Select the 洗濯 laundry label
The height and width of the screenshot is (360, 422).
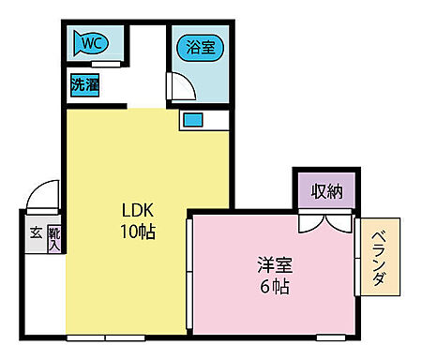(x=85, y=84)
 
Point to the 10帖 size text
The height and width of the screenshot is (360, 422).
(x=136, y=231)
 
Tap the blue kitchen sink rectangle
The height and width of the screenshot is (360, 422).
(x=193, y=119)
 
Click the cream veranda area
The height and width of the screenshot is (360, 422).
(x=381, y=281)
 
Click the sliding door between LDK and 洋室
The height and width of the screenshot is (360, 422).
(x=190, y=272)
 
